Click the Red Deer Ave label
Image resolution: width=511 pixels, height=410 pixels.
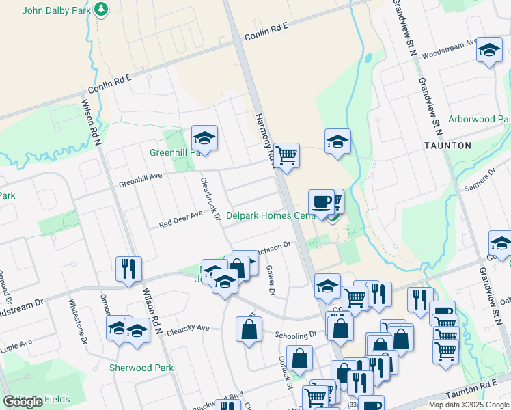coord(181,219)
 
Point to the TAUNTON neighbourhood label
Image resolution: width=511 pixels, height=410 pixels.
coord(447,146)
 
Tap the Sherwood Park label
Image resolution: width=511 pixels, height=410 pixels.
coord(141,368)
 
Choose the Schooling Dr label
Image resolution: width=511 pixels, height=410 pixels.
coord(296,335)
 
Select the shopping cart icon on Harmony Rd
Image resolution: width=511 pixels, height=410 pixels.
coord(287,155)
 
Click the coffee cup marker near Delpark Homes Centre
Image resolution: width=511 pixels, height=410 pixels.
coord(322,201)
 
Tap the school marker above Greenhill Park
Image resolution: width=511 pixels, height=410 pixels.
coord(204,137)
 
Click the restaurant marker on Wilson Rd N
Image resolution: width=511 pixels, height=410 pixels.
coord(128,268)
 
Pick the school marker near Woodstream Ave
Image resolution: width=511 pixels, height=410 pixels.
coord(489,49)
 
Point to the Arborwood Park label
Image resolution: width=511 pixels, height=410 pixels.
coord(479,119)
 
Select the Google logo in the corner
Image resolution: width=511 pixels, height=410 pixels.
coord(23,402)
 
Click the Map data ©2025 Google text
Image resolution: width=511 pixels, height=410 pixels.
coord(468,405)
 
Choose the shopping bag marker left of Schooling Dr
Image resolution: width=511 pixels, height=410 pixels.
coord(249,329)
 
